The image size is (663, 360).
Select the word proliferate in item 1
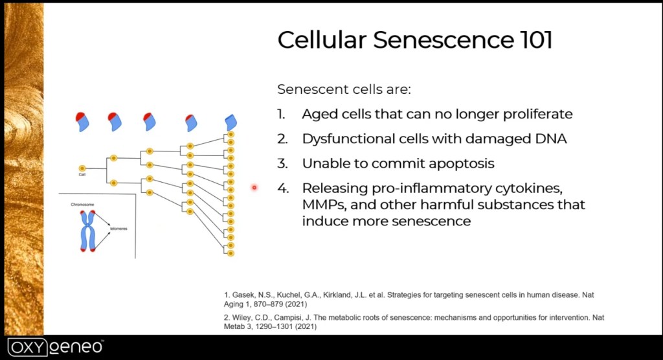[535, 114]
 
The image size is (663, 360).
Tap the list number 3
[282, 163]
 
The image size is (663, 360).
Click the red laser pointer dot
[254, 188]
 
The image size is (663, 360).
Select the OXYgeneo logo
[55, 346]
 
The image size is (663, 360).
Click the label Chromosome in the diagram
[82, 205]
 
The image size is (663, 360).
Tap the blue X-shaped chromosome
[87, 229]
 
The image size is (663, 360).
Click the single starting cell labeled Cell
[82, 168]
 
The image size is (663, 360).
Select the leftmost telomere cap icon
[83, 120]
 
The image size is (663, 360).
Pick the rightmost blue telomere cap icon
[231, 122]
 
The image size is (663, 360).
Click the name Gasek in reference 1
[243, 295]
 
